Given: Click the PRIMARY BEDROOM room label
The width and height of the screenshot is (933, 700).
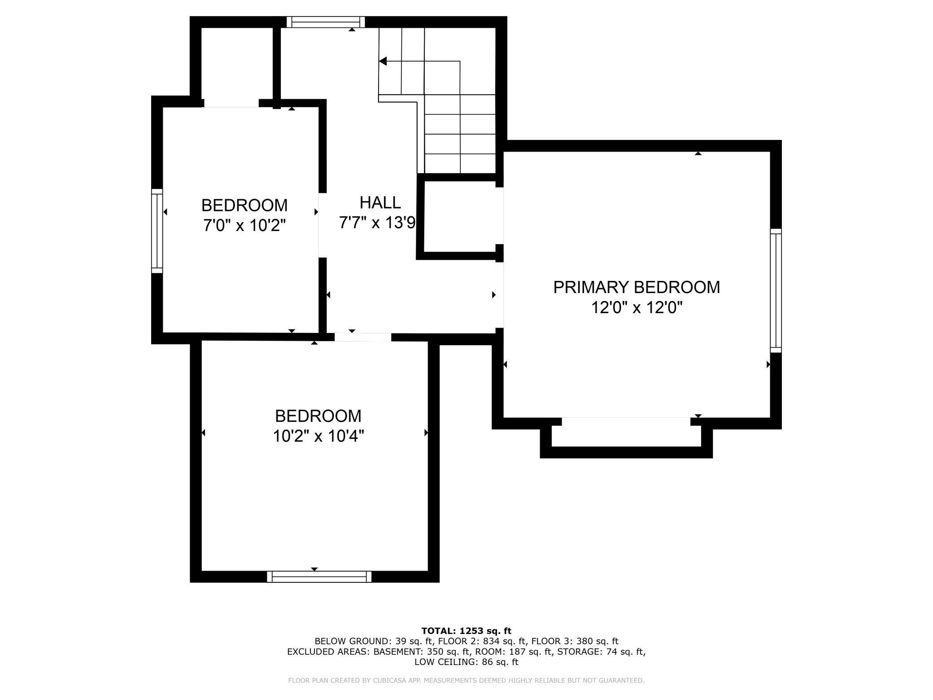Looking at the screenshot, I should (636, 287).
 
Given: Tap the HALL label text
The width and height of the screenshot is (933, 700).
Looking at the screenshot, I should (380, 203).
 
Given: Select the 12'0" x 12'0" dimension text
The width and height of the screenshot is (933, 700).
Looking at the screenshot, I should (636, 308).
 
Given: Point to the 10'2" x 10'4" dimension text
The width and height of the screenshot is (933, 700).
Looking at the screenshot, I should (318, 436).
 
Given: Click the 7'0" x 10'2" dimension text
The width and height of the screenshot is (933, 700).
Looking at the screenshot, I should (244, 225).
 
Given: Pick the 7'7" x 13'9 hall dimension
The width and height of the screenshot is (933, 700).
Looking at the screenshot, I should (377, 223).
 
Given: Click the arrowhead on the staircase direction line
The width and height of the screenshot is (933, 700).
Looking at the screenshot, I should (383, 61).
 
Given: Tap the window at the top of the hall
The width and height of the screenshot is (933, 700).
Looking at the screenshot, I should (326, 22).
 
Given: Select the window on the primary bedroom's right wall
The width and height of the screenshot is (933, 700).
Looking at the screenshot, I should (776, 290).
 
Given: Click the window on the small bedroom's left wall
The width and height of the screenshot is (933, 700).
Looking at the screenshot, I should (157, 231).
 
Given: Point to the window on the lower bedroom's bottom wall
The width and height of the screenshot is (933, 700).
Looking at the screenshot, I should (319, 577).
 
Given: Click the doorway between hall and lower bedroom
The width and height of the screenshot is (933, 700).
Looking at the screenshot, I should (363, 337).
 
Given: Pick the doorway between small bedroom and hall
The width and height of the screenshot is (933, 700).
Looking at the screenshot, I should (323, 225).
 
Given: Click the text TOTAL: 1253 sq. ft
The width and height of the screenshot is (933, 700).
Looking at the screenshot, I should (466, 631).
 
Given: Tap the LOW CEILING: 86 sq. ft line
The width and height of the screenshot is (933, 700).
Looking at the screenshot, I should (466, 662).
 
